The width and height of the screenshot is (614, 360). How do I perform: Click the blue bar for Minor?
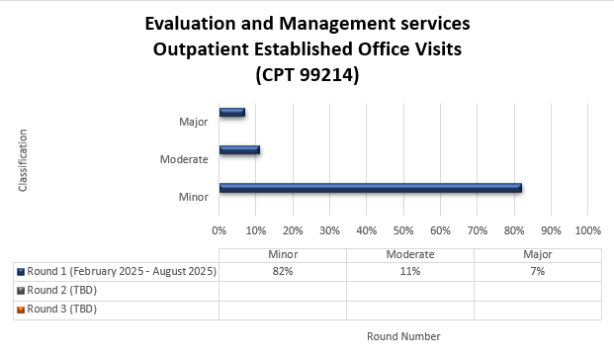[x=370, y=187]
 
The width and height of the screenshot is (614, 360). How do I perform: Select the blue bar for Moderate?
[x=239, y=150]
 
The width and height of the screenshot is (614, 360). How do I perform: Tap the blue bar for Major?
[x=231, y=113]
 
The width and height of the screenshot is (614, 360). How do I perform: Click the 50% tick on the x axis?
[x=403, y=230]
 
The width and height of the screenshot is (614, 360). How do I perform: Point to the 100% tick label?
[x=587, y=230]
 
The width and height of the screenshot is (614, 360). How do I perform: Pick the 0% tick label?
[x=219, y=230]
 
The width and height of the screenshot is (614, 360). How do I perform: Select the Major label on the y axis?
[x=194, y=122]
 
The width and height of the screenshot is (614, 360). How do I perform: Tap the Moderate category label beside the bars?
[x=184, y=159]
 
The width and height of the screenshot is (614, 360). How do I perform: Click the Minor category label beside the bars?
[x=194, y=196]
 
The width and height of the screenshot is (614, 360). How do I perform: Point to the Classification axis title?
[x=23, y=159]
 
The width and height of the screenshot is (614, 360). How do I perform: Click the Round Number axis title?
[x=403, y=336]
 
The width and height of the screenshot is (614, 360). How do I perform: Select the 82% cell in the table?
[x=283, y=271]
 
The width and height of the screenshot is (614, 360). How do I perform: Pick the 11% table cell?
[x=409, y=271]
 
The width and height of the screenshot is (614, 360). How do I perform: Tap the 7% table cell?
[x=537, y=271]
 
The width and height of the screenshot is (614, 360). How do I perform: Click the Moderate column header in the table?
[x=409, y=254]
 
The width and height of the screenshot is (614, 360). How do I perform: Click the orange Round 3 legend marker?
[x=20, y=309]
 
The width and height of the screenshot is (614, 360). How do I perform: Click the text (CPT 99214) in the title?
[x=307, y=73]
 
